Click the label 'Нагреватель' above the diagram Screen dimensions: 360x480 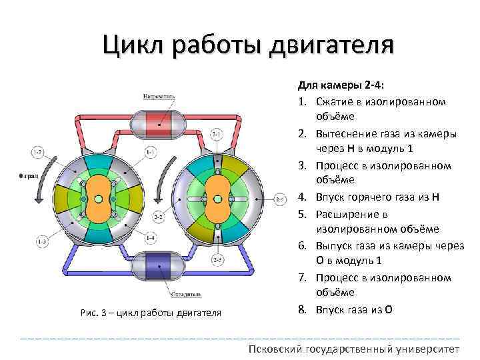point(159,96)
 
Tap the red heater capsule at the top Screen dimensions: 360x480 point(158,123)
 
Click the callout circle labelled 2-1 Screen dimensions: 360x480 point(217,135)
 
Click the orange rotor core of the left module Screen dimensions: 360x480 point(98,199)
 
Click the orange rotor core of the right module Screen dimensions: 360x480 point(217,199)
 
